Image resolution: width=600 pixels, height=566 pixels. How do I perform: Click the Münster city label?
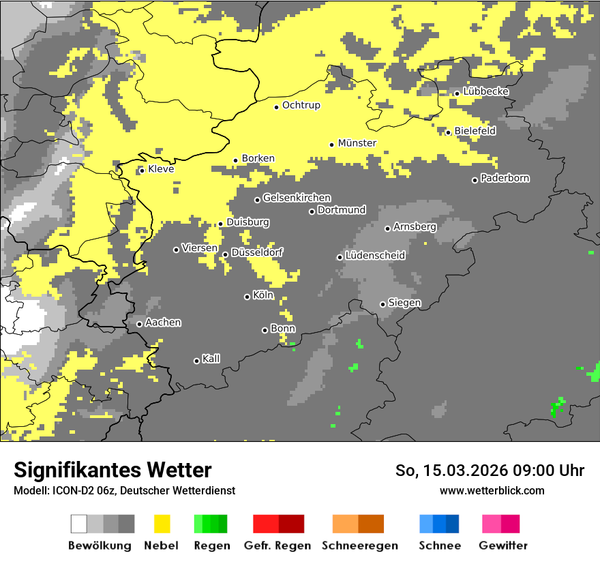click(357, 143)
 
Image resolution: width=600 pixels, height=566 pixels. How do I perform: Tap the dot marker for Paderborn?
click(475, 180)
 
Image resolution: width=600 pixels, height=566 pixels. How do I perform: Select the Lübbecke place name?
click(485, 91)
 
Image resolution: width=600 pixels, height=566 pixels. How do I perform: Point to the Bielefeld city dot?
click(449, 132)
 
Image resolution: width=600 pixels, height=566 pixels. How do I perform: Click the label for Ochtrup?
click(301, 106)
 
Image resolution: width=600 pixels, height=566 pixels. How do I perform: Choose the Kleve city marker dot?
click(142, 170)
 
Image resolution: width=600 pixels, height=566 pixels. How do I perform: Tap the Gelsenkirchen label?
click(297, 198)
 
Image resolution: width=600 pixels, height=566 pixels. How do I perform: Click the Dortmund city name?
click(342, 210)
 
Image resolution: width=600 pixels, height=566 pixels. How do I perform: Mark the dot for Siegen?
click(382, 304)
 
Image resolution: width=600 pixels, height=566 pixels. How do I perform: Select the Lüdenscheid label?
click(375, 256)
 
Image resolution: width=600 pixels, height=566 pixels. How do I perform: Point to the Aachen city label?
click(163, 323)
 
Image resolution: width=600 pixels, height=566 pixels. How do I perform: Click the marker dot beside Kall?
click(196, 361)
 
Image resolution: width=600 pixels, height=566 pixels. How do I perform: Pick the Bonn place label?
click(283, 329)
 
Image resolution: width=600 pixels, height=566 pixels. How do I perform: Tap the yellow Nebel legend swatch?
click(162, 524)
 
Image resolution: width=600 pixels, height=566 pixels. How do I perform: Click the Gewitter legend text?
click(502, 546)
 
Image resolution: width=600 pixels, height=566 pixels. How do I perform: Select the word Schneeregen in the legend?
click(359, 546)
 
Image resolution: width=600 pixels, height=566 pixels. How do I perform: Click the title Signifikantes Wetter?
click(112, 470)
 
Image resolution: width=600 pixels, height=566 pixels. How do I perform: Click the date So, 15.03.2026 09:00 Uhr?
click(490, 471)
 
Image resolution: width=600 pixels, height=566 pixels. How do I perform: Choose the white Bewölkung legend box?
click(79, 524)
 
